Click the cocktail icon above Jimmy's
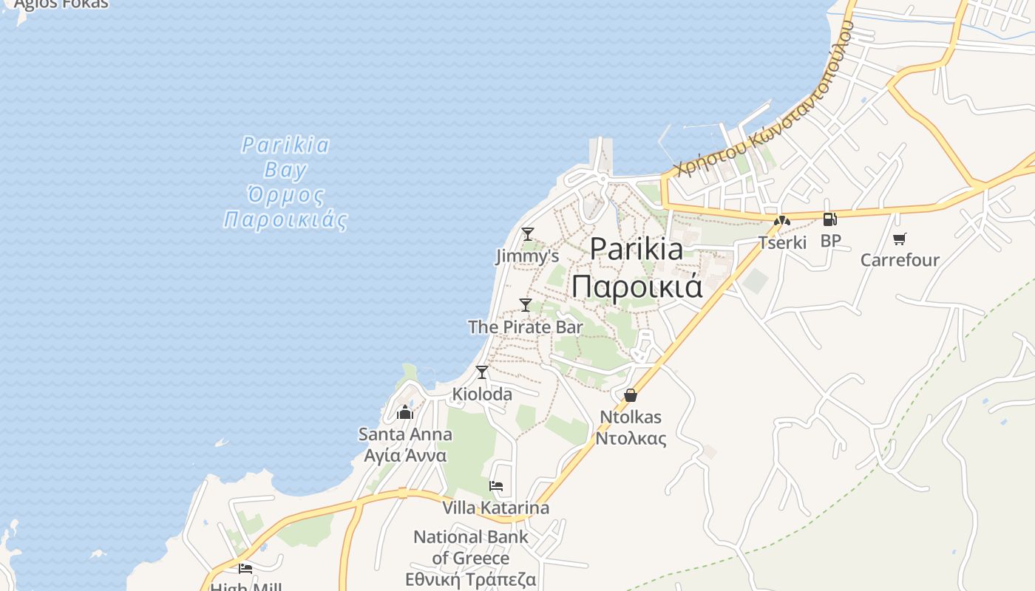pyautogui.click(x=527, y=234)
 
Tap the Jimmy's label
pyautogui.click(x=527, y=256)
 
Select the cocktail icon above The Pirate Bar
pyautogui.click(x=526, y=304)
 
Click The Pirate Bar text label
pyautogui.click(x=526, y=327)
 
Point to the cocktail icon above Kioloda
pyautogui.click(x=482, y=372)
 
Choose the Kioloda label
pyautogui.click(x=482, y=394)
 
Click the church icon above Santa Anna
pyautogui.click(x=405, y=411)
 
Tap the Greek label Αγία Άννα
pyautogui.click(x=405, y=455)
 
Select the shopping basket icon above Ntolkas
pyautogui.click(x=631, y=395)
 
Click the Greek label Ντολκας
pyautogui.click(x=631, y=438)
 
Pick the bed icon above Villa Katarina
pyautogui.click(x=496, y=486)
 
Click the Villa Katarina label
pyautogui.click(x=496, y=508)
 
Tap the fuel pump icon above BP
pyautogui.click(x=830, y=219)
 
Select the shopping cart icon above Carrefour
pyautogui.click(x=900, y=239)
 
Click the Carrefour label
pyautogui.click(x=900, y=260)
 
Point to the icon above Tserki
pyautogui.click(x=782, y=220)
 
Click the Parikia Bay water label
pyautogui.click(x=285, y=157)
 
